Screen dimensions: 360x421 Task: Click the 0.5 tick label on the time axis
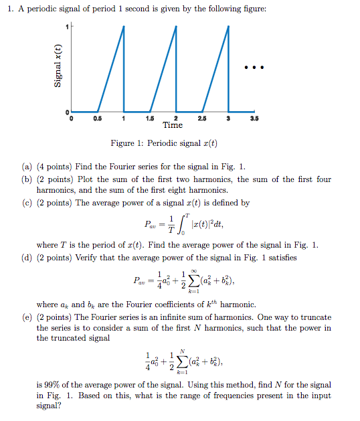[x=98, y=118]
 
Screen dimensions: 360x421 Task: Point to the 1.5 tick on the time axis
[x=150, y=118]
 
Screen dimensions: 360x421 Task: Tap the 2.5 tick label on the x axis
[x=201, y=118]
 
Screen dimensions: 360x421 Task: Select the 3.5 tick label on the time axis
[x=254, y=118]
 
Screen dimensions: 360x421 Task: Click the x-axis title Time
[x=172, y=125]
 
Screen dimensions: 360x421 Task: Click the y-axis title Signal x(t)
[x=58, y=67]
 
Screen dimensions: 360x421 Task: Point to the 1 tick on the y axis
[x=67, y=26]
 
